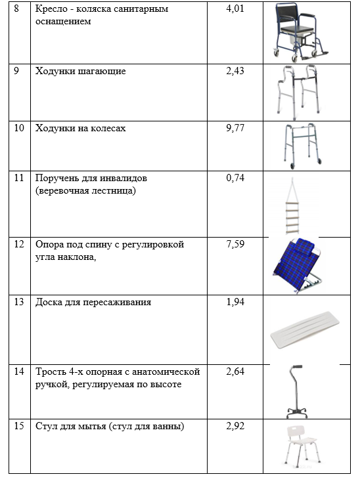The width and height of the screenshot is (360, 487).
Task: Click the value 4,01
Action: pyautogui.click(x=235, y=9)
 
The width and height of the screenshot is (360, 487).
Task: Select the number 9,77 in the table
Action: pyautogui.click(x=235, y=128)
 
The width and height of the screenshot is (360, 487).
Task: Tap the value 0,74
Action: pyautogui.click(x=235, y=178)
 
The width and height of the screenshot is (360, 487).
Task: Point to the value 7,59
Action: pyautogui.click(x=235, y=244)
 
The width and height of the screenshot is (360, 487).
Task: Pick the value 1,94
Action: pyautogui.click(x=235, y=302)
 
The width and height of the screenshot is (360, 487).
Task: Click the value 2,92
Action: pyautogui.click(x=235, y=426)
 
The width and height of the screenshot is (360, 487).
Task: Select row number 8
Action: pyautogui.click(x=16, y=9)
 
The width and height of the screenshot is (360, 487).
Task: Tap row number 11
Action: pyautogui.click(x=19, y=178)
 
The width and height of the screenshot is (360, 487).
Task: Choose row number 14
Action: pyautogui.click(x=19, y=371)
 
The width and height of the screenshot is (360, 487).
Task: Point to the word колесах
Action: pyautogui.click(x=108, y=128)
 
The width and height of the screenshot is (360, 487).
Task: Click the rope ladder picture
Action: pyautogui.click(x=292, y=207)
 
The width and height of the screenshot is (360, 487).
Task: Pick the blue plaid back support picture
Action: pyautogui.click(x=296, y=265)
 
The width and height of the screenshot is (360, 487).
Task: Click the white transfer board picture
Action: pyautogui.click(x=305, y=330)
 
